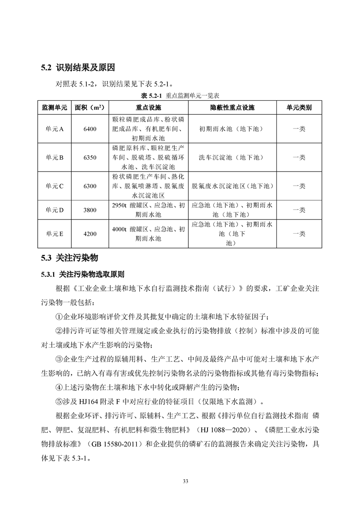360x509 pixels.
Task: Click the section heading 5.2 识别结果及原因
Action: [78, 69]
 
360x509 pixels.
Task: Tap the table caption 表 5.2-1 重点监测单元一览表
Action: [181, 96]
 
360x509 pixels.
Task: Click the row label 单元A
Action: [54, 129]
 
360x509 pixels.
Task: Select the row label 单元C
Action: [54, 186]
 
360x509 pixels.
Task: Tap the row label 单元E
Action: [54, 234]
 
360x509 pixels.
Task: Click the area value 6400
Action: [90, 129]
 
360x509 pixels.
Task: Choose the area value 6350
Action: [90, 157]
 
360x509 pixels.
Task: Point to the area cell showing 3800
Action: [90, 210]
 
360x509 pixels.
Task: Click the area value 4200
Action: [90, 234]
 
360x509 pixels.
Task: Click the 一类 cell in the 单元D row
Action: [299, 210]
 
